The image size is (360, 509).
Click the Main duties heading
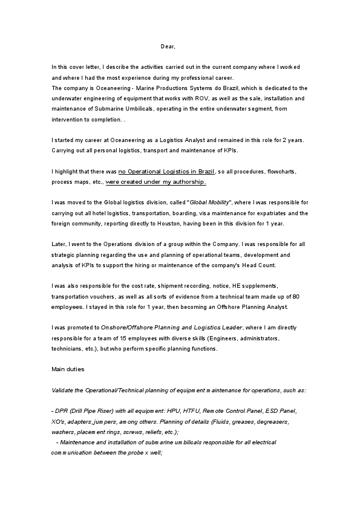[x=68, y=368]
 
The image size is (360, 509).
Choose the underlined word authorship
[x=187, y=181]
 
